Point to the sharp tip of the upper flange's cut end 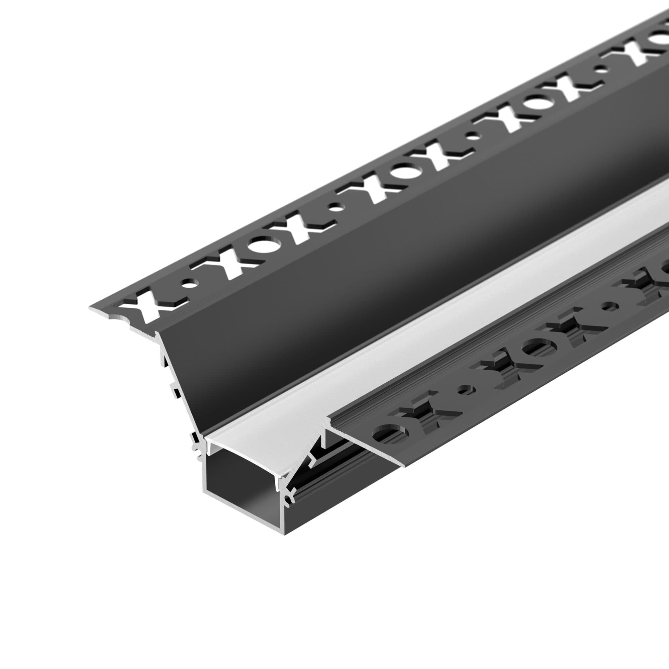(91, 308)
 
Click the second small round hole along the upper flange (334, 208)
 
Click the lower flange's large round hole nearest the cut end (390, 434)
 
